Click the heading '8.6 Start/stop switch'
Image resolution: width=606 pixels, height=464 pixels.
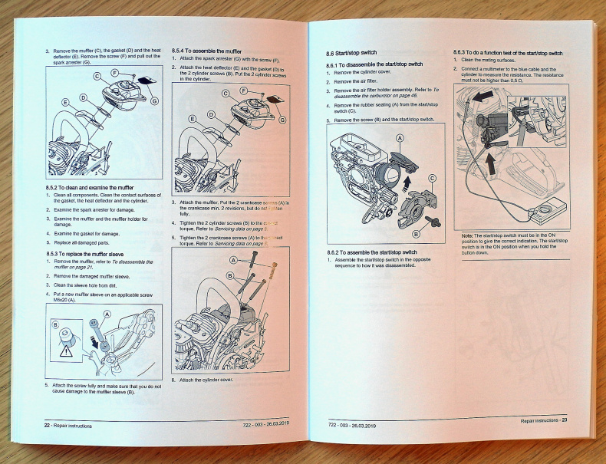(352, 53)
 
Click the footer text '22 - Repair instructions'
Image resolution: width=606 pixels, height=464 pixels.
(69, 423)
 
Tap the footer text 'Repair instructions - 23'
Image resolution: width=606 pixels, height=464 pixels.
(543, 420)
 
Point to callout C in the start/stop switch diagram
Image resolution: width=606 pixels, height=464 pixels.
(432, 179)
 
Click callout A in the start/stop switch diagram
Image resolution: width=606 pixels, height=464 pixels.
(400, 138)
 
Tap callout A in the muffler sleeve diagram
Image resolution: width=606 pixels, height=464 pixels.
(107, 314)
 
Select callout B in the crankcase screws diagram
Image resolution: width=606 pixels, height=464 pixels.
(229, 275)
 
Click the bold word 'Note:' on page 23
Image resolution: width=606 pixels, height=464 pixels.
(468, 235)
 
